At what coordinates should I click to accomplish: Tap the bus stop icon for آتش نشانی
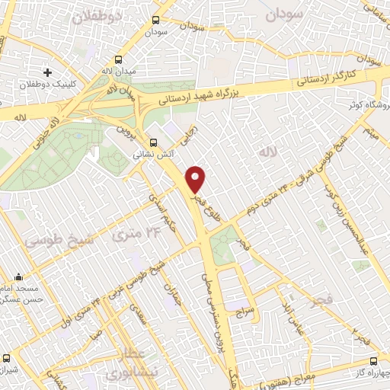coord(155,142)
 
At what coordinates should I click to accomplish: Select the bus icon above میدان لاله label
coord(119,59)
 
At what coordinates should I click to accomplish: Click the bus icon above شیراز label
coord(7,357)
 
